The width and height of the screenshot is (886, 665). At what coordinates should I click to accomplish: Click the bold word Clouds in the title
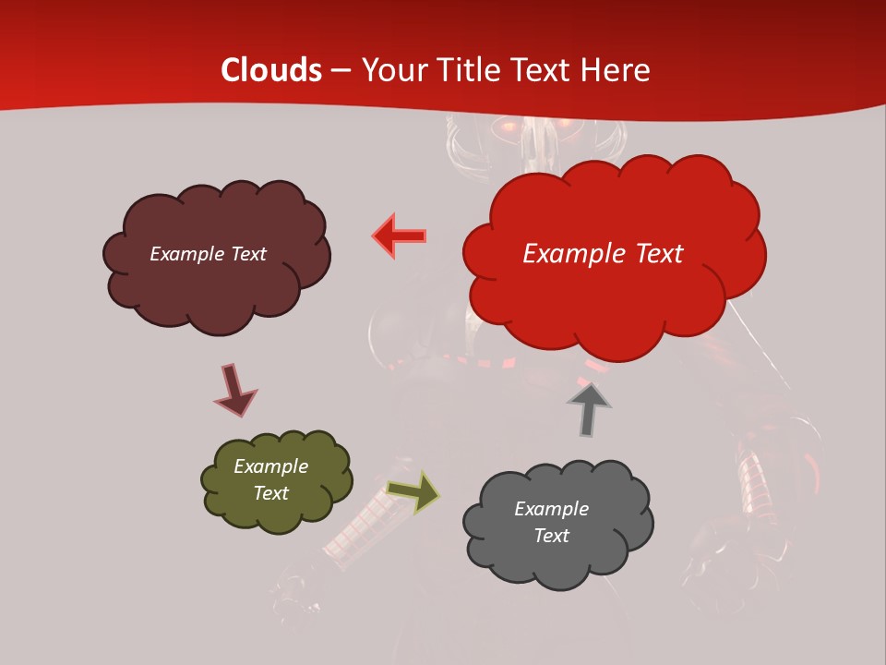[x=271, y=70]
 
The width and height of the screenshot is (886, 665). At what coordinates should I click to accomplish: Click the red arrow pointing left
[x=399, y=236]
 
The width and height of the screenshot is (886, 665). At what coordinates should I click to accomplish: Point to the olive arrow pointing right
[x=413, y=491]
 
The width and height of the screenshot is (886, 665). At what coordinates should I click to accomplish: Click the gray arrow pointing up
[x=589, y=409]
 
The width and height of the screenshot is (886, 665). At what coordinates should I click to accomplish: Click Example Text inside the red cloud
[x=603, y=253]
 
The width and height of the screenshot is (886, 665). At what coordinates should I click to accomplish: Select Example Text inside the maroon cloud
[x=208, y=253]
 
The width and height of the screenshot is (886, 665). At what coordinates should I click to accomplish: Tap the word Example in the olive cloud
[x=270, y=466]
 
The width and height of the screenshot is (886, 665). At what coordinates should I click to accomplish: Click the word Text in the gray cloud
[x=551, y=536]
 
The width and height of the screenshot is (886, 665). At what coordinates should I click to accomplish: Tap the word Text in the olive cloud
[x=270, y=493]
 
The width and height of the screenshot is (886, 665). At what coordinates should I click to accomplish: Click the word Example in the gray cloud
[x=551, y=509]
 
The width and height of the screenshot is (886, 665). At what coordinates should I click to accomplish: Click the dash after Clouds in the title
[x=340, y=70]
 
